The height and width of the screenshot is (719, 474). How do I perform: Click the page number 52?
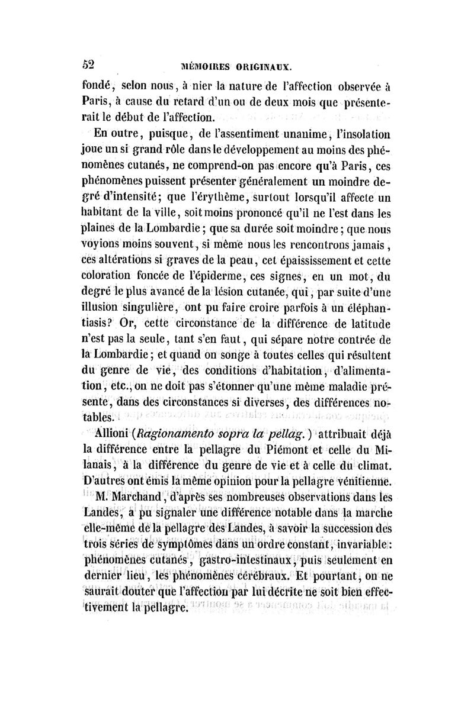89,63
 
